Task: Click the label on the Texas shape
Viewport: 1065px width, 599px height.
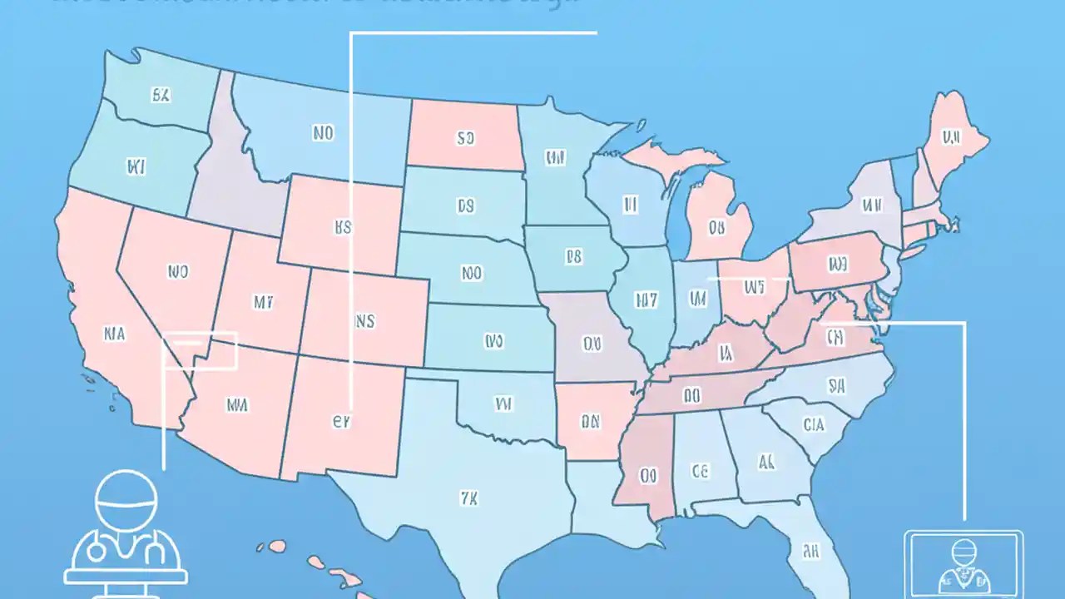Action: click(468, 498)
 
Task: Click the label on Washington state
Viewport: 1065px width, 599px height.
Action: click(161, 95)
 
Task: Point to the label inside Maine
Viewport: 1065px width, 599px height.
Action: click(949, 136)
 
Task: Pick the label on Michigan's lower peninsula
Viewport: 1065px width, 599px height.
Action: click(718, 225)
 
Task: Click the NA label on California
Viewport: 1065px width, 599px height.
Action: click(114, 334)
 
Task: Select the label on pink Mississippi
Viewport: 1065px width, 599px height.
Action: click(649, 475)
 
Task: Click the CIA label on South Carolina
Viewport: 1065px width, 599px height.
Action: click(814, 424)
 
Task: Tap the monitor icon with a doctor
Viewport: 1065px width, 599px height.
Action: click(963, 562)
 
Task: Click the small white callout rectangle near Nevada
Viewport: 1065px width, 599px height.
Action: click(200, 350)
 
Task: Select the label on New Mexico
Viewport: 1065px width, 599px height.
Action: click(341, 421)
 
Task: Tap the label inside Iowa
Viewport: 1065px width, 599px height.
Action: click(572, 258)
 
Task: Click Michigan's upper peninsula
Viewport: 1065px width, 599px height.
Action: click(666, 157)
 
